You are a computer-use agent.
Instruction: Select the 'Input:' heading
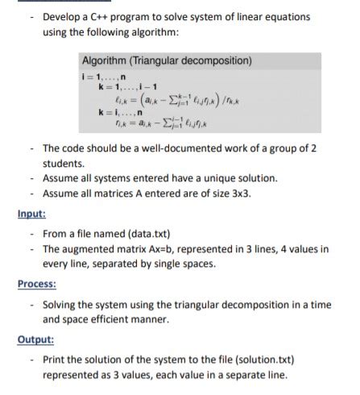tap(31, 214)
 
